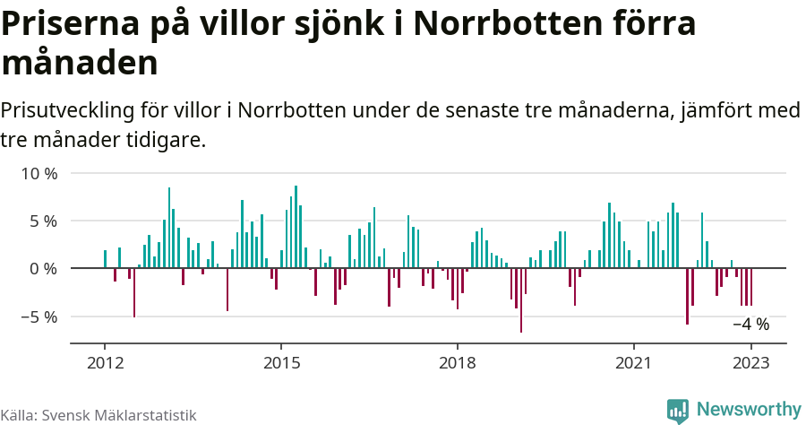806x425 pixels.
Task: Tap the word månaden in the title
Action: [81, 64]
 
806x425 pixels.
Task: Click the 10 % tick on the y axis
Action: [39, 173]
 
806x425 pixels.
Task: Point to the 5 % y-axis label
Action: [43, 221]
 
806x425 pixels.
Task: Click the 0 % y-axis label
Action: [43, 268]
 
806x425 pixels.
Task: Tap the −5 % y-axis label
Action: [39, 317]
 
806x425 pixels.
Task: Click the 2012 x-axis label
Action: [105, 363]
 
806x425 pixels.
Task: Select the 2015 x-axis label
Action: [281, 363]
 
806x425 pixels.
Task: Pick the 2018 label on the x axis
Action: [458, 363]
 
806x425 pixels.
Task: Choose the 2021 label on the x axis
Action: [634, 363]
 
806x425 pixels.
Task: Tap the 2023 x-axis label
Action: [751, 363]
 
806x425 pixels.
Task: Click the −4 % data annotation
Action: [750, 325]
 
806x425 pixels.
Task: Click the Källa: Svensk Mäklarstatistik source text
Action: [99, 415]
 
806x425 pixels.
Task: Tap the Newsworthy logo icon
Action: [678, 411]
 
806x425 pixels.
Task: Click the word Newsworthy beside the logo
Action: [748, 410]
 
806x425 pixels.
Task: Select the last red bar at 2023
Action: [751, 287]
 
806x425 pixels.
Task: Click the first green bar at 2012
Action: [105, 259]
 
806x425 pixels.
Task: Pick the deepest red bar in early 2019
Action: [521, 300]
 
